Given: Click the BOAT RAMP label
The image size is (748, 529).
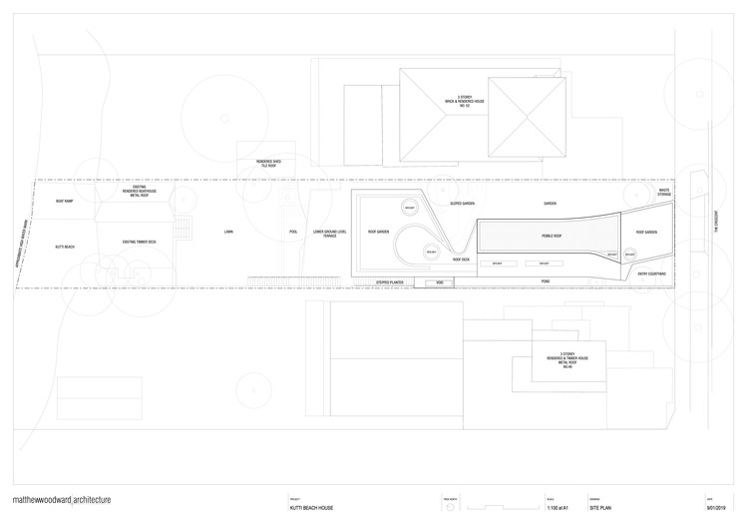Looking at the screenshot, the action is (66, 202).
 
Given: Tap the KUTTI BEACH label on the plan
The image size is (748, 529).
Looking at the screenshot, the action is (66, 246).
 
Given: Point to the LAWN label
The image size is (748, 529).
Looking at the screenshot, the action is (228, 232).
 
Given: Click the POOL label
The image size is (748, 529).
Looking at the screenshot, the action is (293, 232).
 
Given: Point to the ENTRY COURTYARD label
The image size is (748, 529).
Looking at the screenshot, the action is (651, 272).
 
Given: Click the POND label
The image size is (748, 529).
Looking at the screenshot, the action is (546, 281).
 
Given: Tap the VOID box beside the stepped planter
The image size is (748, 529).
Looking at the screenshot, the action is (440, 282).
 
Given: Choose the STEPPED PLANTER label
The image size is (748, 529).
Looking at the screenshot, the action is (389, 282).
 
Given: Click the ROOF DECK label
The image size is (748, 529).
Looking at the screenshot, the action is (461, 260).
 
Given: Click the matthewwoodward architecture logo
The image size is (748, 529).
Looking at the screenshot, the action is (62, 501).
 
